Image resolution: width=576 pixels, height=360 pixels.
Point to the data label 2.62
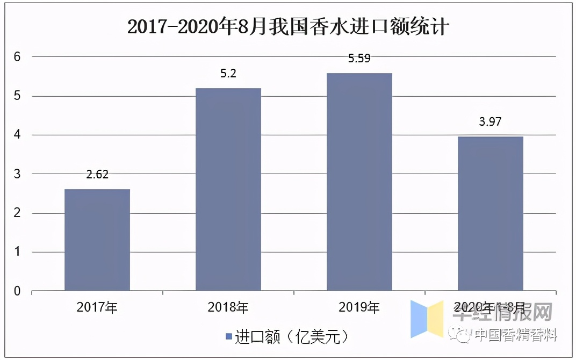[x=97, y=175]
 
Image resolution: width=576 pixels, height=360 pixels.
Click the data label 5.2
[x=228, y=74]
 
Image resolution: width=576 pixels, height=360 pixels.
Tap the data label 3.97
[x=490, y=122]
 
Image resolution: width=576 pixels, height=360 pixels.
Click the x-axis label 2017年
[x=97, y=308]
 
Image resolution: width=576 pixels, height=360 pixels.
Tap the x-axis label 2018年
[x=228, y=308]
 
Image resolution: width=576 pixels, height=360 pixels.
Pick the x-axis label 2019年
[x=359, y=308]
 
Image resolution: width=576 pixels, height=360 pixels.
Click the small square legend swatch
[x=229, y=337]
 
